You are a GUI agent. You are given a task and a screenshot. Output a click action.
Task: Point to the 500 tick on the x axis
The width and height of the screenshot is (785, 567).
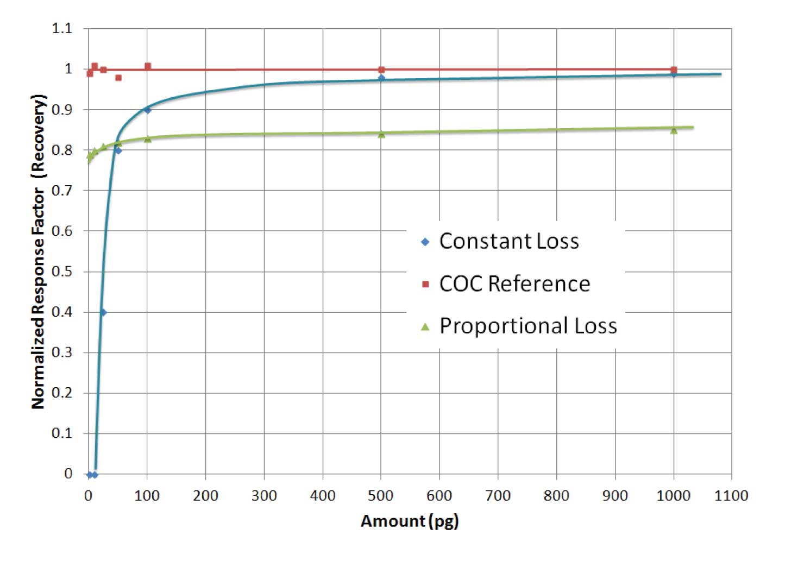[381, 495]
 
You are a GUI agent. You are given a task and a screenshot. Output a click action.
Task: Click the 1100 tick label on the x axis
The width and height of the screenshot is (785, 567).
[731, 495]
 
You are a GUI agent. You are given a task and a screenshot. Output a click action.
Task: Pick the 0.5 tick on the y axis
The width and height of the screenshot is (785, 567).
[62, 272]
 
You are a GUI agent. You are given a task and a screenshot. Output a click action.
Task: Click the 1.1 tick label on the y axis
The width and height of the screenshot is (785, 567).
[62, 28]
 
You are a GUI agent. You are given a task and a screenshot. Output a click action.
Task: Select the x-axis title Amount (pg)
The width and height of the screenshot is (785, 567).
[410, 521]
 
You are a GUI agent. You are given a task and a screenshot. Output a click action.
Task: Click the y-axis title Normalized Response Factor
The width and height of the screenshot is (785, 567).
[38, 251]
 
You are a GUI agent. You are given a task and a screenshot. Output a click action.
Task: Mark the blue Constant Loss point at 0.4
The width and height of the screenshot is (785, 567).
[103, 312]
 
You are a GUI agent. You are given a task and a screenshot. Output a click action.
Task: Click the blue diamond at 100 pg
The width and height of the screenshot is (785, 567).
[147, 110]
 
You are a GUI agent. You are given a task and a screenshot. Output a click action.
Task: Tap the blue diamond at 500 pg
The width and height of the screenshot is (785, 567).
[381, 78]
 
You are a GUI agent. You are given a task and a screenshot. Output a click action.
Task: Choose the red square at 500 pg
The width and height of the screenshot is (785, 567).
[381, 70]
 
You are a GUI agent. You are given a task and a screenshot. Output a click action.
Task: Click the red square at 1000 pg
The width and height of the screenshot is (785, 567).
[674, 70]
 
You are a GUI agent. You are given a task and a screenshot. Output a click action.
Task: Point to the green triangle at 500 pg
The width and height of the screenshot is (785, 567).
[381, 134]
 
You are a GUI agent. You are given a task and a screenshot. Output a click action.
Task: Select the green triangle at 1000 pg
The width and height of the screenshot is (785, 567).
[674, 130]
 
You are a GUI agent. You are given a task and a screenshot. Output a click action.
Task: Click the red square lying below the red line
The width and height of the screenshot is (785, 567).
[118, 78]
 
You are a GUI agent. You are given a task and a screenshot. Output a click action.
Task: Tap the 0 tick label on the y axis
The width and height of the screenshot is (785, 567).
[68, 474]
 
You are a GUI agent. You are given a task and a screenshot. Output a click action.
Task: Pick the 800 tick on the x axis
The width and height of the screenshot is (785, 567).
[556, 495]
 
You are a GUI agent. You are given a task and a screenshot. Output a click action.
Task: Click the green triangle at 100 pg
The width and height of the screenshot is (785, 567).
[147, 139]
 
